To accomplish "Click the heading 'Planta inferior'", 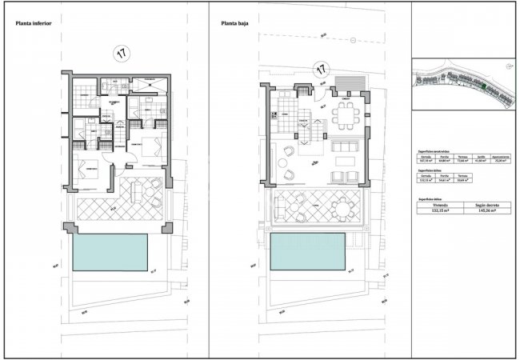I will tap(34, 23).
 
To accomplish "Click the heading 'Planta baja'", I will tap(236, 23).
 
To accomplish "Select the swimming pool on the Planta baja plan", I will tap(308, 252).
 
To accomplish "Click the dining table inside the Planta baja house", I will tap(346, 115).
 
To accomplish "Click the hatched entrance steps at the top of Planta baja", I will tap(349, 83).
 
